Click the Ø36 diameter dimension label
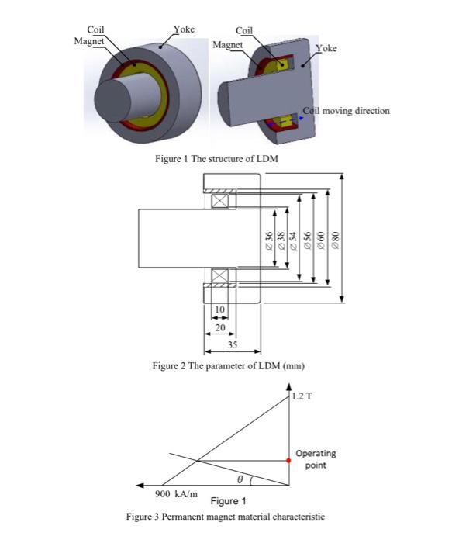click(268, 240)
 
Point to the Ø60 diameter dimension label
click(320, 240)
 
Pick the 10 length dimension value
click(219, 309)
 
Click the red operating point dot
click(288, 461)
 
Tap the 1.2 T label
click(303, 397)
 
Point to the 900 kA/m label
click(177, 493)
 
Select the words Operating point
click(316, 459)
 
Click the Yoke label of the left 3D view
click(184, 29)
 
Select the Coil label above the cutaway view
click(243, 31)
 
